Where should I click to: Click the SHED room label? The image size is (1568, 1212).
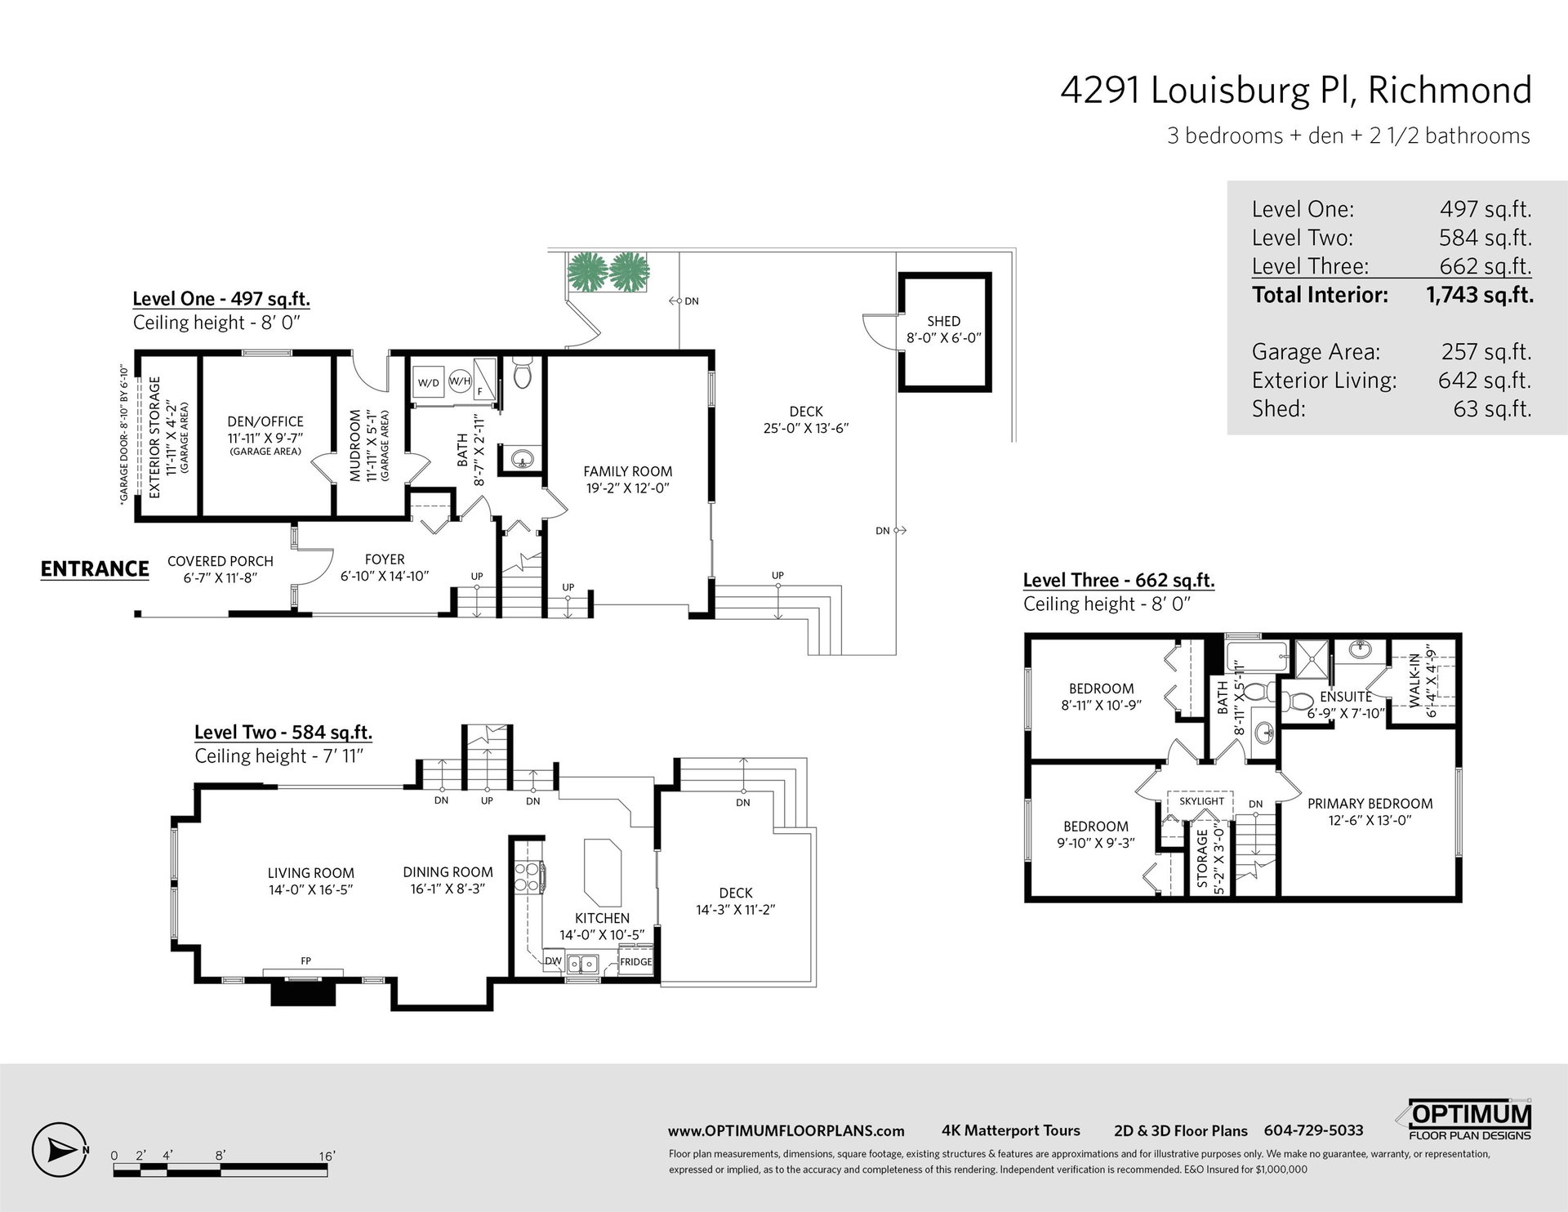click(943, 321)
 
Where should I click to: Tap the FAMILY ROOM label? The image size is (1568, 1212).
click(627, 471)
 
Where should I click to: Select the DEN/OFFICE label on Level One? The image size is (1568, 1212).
click(265, 421)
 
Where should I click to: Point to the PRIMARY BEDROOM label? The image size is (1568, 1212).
click(1370, 804)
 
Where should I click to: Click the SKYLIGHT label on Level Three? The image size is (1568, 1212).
click(1201, 801)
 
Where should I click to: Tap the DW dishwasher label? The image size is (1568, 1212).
click(553, 961)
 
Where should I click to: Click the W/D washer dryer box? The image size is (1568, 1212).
click(428, 382)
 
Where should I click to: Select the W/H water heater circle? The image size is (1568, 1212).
click(460, 381)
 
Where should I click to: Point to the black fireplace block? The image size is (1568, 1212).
click(304, 992)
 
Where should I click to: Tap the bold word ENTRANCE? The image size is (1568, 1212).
click(95, 569)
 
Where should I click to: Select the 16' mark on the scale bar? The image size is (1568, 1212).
click(327, 1156)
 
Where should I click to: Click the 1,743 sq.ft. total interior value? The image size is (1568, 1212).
click(1480, 295)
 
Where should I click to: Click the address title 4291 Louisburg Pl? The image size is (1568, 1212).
click(1207, 91)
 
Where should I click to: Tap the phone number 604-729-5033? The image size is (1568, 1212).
click(1313, 1130)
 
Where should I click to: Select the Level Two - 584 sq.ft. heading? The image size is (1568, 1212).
click(283, 733)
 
